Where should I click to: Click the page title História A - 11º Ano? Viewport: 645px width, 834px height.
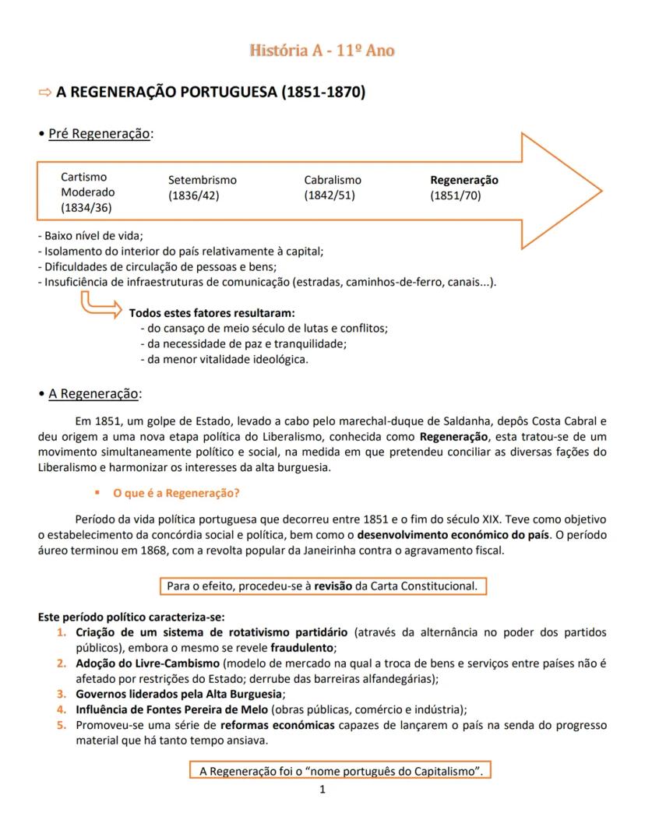click(322, 51)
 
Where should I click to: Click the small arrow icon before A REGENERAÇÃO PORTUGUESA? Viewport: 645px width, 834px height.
click(44, 93)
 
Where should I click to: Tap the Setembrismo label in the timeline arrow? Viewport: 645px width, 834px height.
click(202, 180)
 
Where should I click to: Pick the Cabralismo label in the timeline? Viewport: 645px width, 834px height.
click(333, 180)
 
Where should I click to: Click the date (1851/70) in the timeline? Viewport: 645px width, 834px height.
click(456, 195)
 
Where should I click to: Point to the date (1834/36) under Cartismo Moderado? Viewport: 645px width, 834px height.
click(86, 207)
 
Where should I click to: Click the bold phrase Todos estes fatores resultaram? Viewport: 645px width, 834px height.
click(212, 312)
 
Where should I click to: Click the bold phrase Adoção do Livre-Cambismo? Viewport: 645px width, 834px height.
click(148, 663)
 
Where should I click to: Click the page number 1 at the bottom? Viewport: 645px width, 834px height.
click(322, 790)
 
